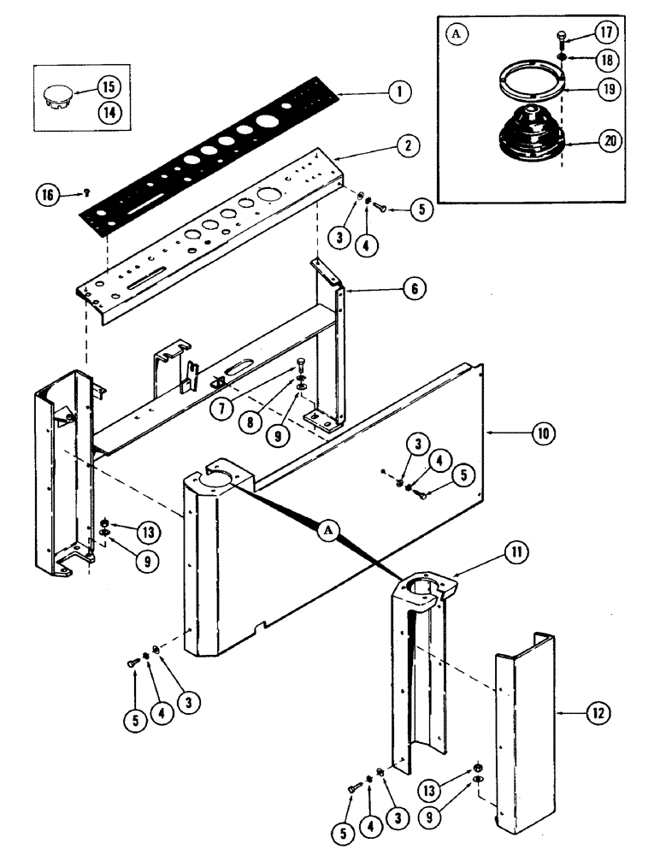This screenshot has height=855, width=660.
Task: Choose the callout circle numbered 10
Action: pos(541,434)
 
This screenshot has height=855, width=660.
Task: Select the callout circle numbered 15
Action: pos(109,87)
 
